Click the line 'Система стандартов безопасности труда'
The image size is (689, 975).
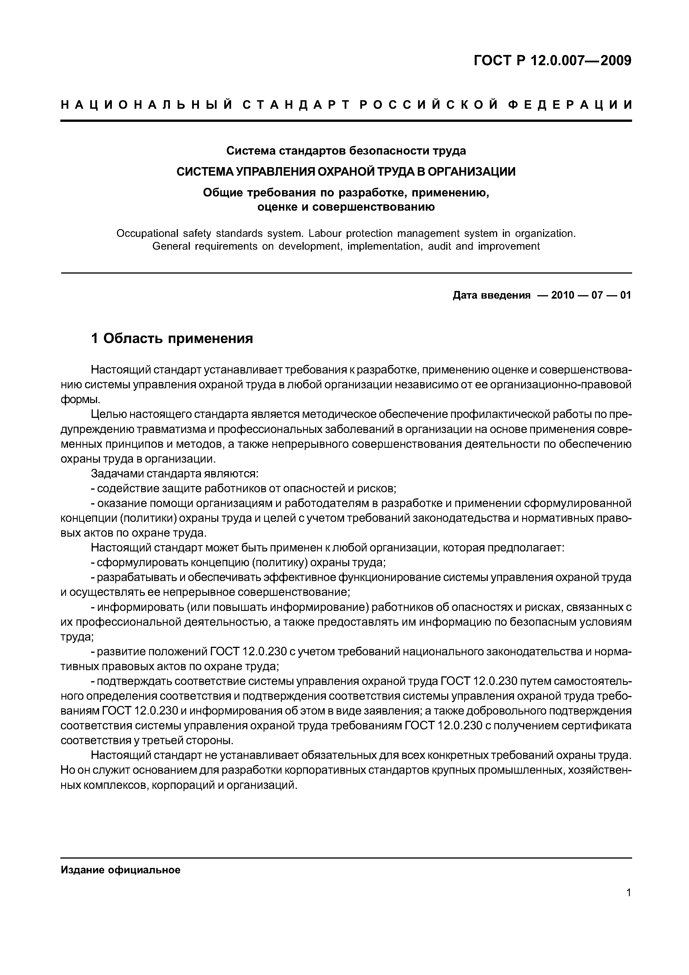(x=346, y=151)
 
